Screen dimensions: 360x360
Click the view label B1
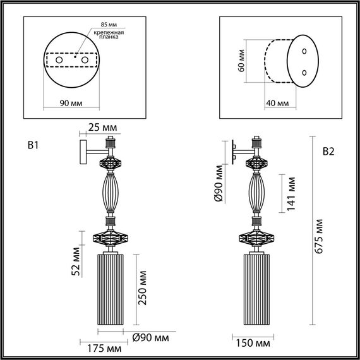pos(34,146)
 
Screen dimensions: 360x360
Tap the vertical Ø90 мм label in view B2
pos(219,183)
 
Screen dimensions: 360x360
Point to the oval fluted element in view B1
pos(112,194)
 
